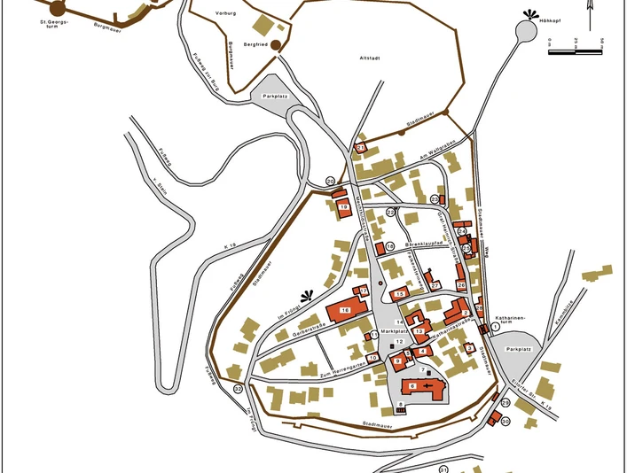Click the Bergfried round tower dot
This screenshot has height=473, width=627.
(x=276, y=44)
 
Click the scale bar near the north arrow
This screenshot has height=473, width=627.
(x=576, y=51)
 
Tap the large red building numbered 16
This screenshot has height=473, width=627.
(x=346, y=310)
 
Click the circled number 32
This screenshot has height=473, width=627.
(x=238, y=389)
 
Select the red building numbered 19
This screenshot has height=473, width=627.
(x=342, y=207)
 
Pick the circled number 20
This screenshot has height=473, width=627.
(x=330, y=181)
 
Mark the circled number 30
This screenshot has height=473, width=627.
(x=506, y=422)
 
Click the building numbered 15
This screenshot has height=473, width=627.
(x=400, y=293)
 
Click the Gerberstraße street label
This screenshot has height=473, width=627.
(x=299, y=334)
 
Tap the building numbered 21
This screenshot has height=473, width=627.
(x=360, y=148)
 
